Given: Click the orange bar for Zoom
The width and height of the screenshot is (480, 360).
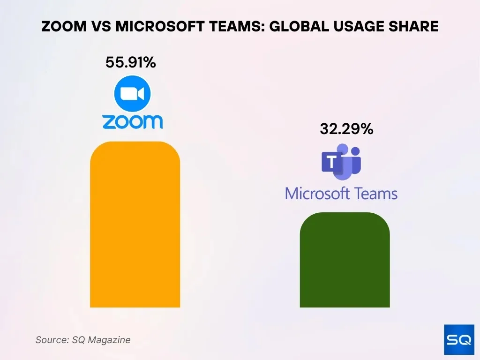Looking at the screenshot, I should [135, 225].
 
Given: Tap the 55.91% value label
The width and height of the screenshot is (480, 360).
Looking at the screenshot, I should [130, 62].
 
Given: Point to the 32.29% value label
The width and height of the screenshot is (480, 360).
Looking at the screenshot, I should [346, 129].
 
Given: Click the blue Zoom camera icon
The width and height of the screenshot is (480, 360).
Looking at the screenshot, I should [132, 94].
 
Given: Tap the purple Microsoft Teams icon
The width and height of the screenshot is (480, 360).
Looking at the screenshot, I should [341, 162].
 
